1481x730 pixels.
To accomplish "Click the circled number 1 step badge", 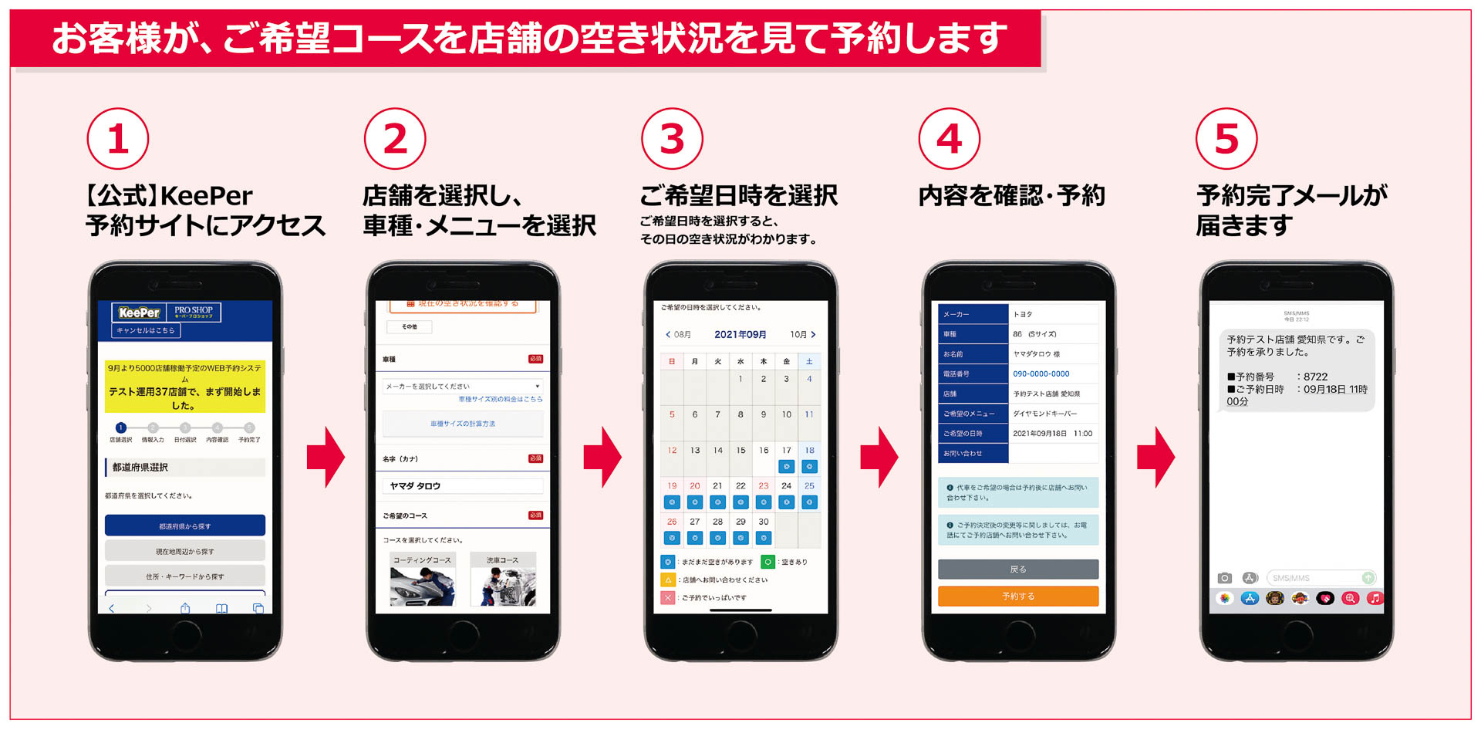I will pyautogui.click(x=117, y=139).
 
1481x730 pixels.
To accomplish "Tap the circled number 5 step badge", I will pyautogui.click(x=1226, y=139).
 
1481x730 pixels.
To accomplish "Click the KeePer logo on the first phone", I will pyautogui.click(x=140, y=313).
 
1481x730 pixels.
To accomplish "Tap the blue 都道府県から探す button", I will pyautogui.click(x=185, y=526).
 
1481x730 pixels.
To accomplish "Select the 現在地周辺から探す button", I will pyautogui.click(x=185, y=551).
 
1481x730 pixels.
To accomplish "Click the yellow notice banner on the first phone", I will pyautogui.click(x=185, y=386).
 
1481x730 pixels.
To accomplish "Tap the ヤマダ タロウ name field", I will pyautogui.click(x=463, y=486).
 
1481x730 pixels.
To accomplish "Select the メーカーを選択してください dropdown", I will pyautogui.click(x=463, y=386).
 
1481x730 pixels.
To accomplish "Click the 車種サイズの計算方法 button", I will pyautogui.click(x=463, y=424).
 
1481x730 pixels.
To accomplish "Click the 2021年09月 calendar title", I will pyautogui.click(x=740, y=334).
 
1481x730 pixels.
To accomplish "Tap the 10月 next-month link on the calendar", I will pyautogui.click(x=802, y=334).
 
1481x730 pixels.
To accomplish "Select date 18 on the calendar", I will pyautogui.click(x=809, y=451).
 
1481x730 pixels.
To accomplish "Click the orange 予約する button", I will pyautogui.click(x=1018, y=596).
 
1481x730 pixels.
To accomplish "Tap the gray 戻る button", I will pyautogui.click(x=1018, y=569).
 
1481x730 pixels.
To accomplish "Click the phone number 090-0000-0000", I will pyautogui.click(x=1041, y=373).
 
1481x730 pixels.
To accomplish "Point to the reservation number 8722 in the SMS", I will pyautogui.click(x=1315, y=377).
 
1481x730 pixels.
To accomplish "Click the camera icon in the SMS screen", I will pyautogui.click(x=1224, y=578).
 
